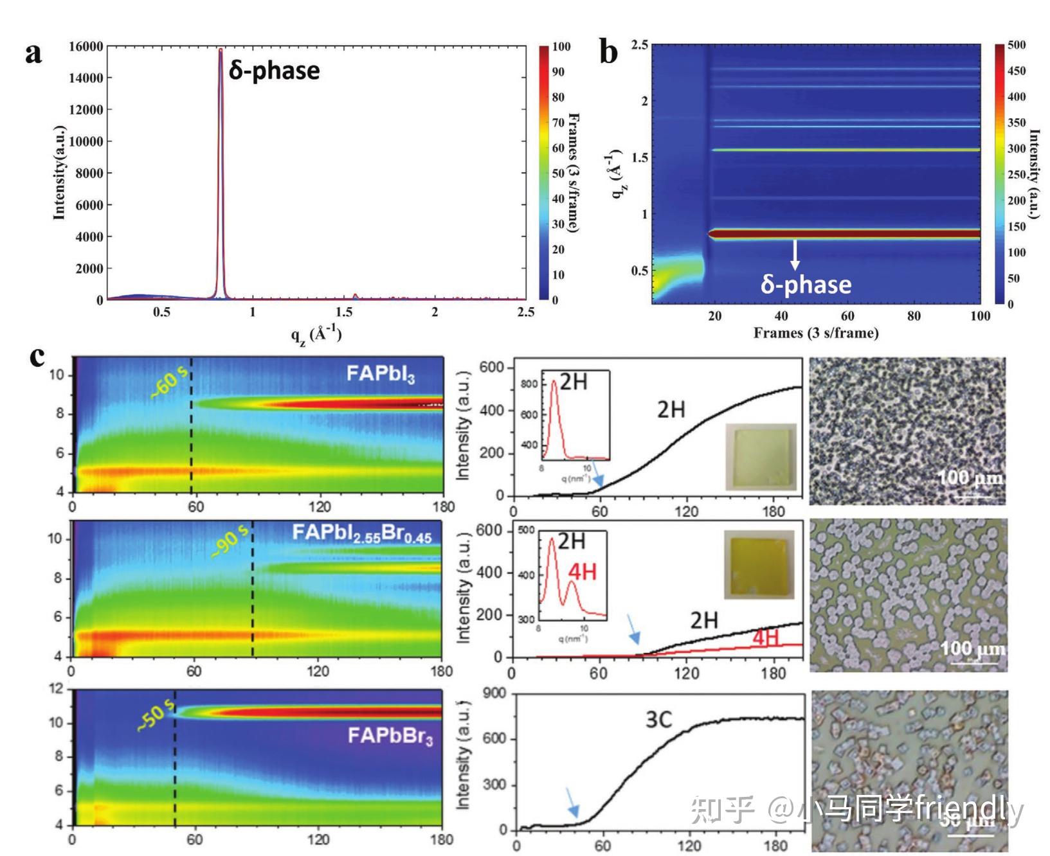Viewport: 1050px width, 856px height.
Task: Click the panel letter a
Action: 33,53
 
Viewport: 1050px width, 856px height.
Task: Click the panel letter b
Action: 608,51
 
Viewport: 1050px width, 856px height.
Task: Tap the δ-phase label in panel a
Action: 275,71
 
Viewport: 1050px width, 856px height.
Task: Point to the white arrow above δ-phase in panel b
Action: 795,254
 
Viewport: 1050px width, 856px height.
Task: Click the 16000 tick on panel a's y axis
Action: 86,46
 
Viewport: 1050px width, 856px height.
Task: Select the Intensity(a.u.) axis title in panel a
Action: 59,172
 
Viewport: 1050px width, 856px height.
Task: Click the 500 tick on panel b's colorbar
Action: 1017,45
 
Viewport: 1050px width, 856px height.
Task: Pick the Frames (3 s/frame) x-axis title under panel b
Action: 815,333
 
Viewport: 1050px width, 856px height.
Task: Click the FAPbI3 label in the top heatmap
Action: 381,373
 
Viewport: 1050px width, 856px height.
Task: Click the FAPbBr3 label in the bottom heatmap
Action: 390,736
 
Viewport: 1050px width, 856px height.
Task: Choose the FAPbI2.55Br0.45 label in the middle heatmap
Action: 361,533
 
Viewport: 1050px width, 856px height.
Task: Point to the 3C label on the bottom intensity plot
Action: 658,720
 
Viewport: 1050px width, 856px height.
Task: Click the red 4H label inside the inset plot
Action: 582,571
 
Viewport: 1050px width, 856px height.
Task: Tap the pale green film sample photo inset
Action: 761,456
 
